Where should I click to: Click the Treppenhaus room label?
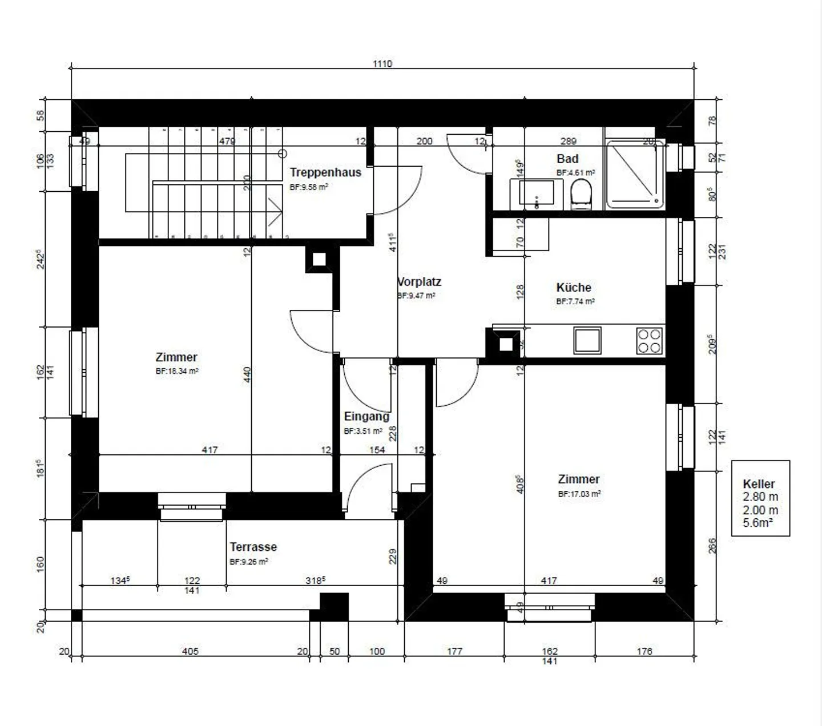(325, 172)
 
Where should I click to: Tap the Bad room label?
(567, 159)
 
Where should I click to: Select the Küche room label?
(574, 288)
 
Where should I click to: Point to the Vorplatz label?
(420, 282)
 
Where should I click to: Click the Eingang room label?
(366, 417)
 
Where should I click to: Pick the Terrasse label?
(253, 547)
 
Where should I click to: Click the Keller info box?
(760, 498)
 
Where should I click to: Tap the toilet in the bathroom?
(582, 193)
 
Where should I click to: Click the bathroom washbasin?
(536, 192)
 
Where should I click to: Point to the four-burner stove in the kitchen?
(649, 341)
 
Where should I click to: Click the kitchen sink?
(587, 340)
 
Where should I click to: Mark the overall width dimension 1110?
(382, 64)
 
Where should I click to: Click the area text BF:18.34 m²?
(177, 371)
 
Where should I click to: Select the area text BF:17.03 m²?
(579, 494)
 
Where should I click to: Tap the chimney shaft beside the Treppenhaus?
(319, 260)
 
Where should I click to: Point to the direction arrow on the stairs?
(276, 212)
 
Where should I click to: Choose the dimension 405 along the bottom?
(190, 651)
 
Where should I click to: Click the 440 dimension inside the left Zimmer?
(247, 374)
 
